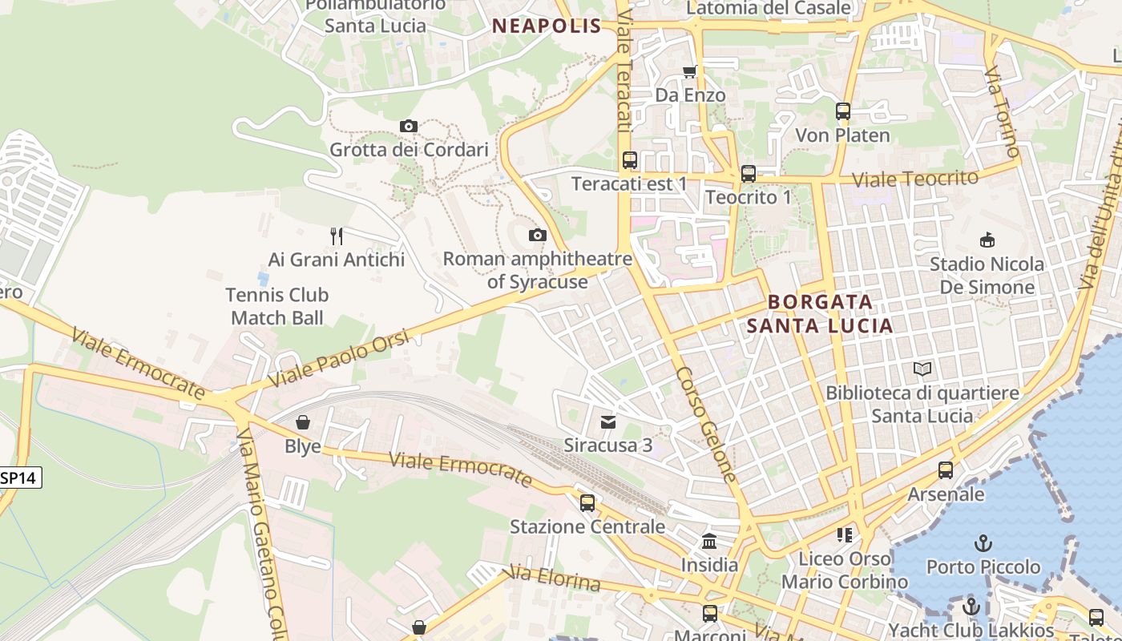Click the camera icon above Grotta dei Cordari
(x=409, y=126)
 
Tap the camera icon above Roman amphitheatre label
(x=537, y=235)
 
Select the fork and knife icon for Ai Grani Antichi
(x=337, y=236)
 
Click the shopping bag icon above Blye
(x=303, y=421)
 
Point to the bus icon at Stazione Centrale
(x=587, y=502)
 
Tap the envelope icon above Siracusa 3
(x=608, y=421)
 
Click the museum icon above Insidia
(x=709, y=541)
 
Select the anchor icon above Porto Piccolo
(x=983, y=543)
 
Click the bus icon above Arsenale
(x=946, y=470)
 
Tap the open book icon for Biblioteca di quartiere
(x=922, y=369)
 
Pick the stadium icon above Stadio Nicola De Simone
(x=987, y=240)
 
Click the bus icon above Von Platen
(x=842, y=111)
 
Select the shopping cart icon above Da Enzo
(x=689, y=72)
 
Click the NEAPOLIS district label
(x=547, y=26)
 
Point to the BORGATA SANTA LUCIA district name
(x=820, y=313)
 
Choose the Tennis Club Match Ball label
(x=276, y=306)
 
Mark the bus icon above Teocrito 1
(x=748, y=173)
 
